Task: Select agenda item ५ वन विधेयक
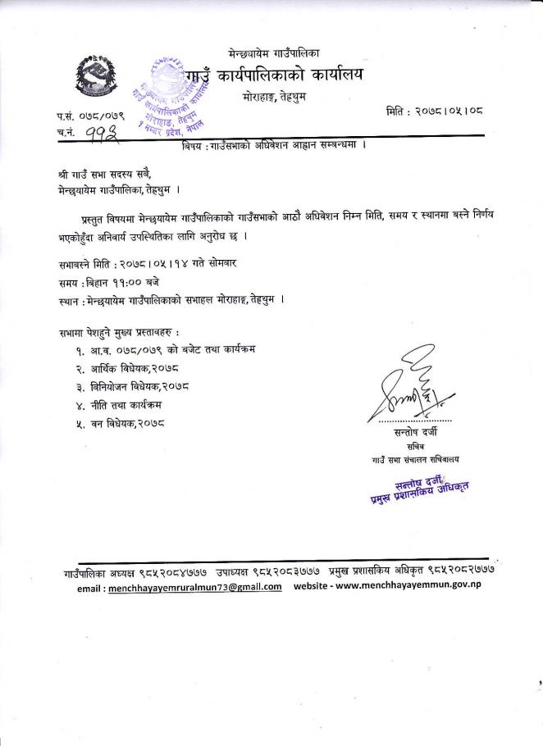point(126,424)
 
